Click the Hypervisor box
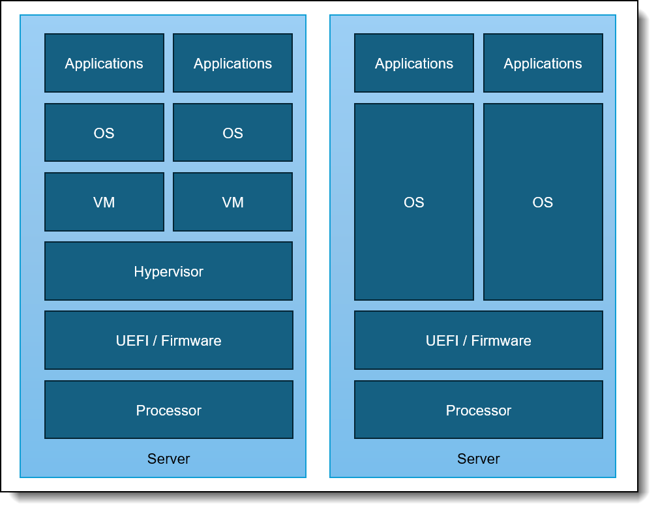(x=168, y=271)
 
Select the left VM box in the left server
(x=104, y=202)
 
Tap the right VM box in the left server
(x=233, y=202)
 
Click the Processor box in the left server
(x=168, y=410)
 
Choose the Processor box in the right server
(x=479, y=410)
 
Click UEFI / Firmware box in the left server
(x=168, y=340)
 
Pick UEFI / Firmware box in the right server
(x=479, y=340)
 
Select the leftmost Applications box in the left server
(x=104, y=63)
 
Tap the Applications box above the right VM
(x=233, y=63)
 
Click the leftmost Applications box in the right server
(x=414, y=63)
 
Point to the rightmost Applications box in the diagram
(x=543, y=63)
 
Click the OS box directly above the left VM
(x=104, y=133)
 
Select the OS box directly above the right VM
(x=233, y=133)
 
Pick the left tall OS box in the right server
(x=414, y=202)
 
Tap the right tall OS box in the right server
(x=543, y=202)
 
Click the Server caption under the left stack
(x=168, y=459)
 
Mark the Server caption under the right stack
(x=479, y=459)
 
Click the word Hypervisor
(x=168, y=271)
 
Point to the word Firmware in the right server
(x=501, y=340)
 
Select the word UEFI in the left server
(x=132, y=340)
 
